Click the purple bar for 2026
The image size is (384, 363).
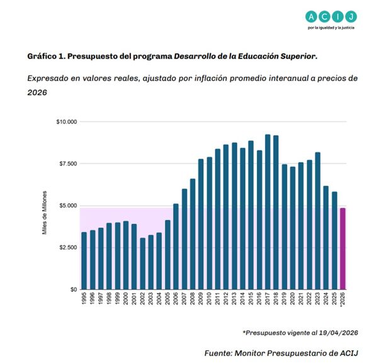(x=343, y=249)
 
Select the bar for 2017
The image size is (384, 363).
(x=268, y=212)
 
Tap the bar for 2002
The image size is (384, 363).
(x=142, y=264)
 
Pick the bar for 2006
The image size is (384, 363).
(x=176, y=247)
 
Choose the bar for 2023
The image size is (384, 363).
(x=318, y=221)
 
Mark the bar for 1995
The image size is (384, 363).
(x=84, y=260)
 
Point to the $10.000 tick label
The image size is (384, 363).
(x=67, y=121)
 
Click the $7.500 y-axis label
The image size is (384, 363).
(x=68, y=164)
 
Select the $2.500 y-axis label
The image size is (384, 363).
(x=68, y=247)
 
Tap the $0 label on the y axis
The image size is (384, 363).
(x=74, y=289)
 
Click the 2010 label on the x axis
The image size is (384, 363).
(x=209, y=298)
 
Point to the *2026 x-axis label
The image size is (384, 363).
(x=343, y=299)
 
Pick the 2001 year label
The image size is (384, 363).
(x=134, y=298)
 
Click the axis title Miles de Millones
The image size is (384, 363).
(x=45, y=213)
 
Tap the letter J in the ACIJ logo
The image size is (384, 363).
(x=351, y=17)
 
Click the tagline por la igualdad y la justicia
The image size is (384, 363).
(x=331, y=28)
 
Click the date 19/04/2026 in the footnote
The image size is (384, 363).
(x=339, y=333)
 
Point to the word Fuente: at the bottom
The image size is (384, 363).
(x=218, y=353)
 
